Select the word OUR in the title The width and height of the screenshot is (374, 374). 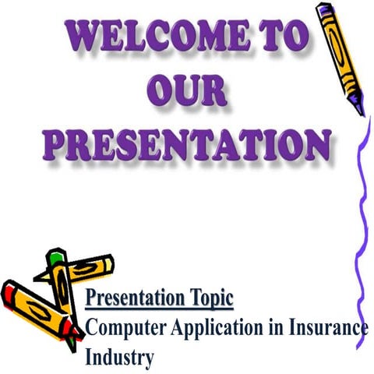(187, 91)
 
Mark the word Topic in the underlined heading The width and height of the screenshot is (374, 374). (210, 299)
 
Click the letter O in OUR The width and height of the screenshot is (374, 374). (157, 91)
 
